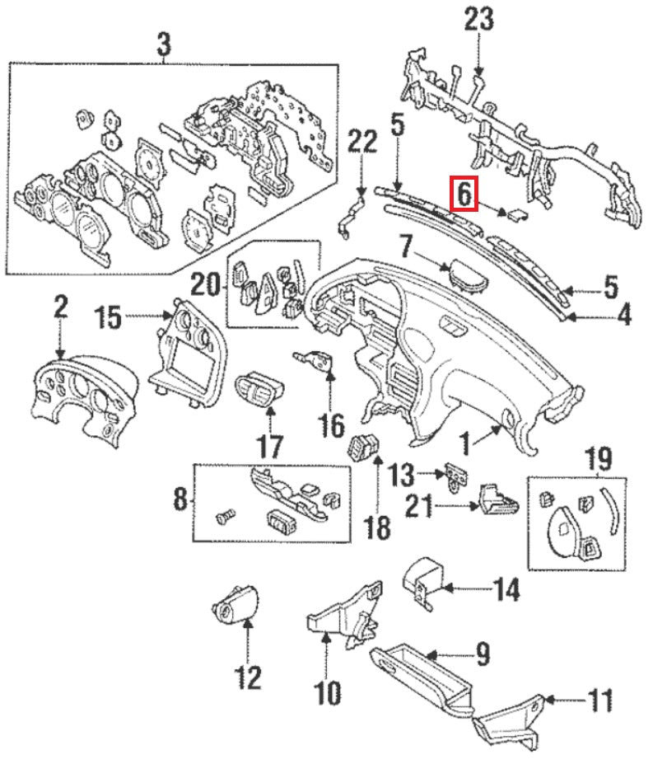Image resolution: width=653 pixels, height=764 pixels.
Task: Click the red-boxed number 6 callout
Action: pos(464,195)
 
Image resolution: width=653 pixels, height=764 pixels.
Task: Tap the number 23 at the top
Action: pos(480,21)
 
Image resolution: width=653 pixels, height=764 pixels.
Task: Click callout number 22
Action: pos(360,143)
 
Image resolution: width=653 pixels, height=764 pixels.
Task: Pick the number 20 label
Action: pos(205,285)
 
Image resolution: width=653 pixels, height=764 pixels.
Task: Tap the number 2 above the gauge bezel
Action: pos(60,307)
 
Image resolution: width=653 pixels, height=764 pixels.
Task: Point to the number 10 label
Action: pos(327,692)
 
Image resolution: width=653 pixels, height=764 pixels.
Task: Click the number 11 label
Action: pos(599,701)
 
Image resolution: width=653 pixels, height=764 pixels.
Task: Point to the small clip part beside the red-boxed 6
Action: pos(515,215)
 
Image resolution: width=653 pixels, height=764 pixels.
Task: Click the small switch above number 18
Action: pos(362,446)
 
